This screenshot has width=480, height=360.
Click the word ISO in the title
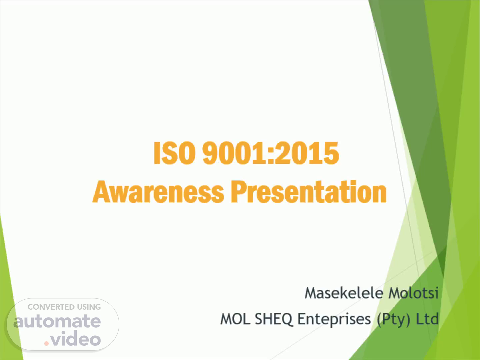(x=174, y=153)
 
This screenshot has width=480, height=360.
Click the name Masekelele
(x=344, y=293)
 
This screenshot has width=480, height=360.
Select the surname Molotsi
(x=414, y=293)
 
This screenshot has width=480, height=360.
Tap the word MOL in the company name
(x=235, y=319)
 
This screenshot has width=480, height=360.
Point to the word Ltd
(x=427, y=319)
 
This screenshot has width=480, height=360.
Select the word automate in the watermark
(x=57, y=322)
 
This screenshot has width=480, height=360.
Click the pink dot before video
(x=46, y=343)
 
